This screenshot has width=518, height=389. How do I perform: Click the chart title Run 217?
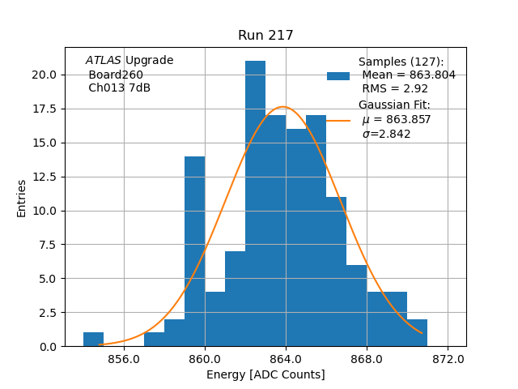tap(265, 36)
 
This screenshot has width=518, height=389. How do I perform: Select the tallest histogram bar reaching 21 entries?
tap(255, 203)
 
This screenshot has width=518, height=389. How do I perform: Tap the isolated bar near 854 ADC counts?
tap(93, 340)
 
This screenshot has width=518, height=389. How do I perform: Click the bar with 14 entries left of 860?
tap(194, 251)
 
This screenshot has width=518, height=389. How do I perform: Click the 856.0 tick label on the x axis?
tap(124, 359)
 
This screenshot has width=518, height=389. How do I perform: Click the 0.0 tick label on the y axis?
tap(47, 346)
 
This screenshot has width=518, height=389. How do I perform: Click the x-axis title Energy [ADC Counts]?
tap(265, 374)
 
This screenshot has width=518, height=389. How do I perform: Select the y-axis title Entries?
tap(22, 198)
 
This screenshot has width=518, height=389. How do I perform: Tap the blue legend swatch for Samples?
tap(338, 75)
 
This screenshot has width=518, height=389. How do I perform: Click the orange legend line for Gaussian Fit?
tap(338, 120)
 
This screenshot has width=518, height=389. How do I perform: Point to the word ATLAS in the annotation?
tap(104, 61)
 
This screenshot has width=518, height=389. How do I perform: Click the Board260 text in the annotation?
tap(116, 75)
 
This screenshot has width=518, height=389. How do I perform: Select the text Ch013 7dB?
tap(119, 88)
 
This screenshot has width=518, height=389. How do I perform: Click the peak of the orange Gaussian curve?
tap(283, 107)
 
